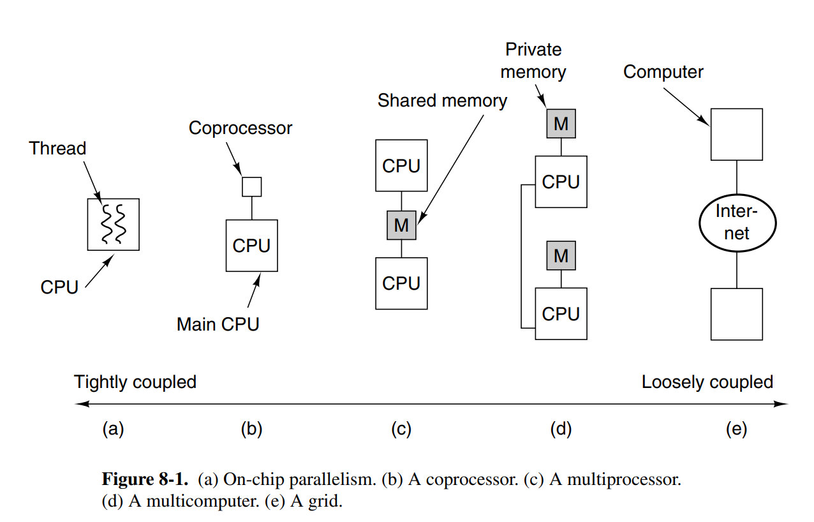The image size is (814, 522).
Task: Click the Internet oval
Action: point(736,222)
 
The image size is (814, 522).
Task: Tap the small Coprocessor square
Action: point(251,186)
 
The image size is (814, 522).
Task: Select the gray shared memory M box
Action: point(401,225)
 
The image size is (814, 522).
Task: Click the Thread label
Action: point(57,149)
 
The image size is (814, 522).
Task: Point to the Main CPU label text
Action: point(218,324)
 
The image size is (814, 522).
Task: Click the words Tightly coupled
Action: point(135,382)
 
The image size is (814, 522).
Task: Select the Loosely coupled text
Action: point(707,382)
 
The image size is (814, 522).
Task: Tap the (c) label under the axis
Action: point(401,429)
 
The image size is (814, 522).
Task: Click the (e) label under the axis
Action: point(736,429)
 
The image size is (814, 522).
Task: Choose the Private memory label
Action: point(533,61)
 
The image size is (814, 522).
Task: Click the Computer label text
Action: point(663,71)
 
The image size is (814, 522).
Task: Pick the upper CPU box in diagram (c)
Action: point(401,165)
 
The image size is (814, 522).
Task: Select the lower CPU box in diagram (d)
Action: point(561,313)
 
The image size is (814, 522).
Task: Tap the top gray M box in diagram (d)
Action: point(561,124)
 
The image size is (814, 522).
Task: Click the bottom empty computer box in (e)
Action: point(736,314)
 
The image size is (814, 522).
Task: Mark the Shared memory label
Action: point(442,101)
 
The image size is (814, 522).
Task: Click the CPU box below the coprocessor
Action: point(251,245)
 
